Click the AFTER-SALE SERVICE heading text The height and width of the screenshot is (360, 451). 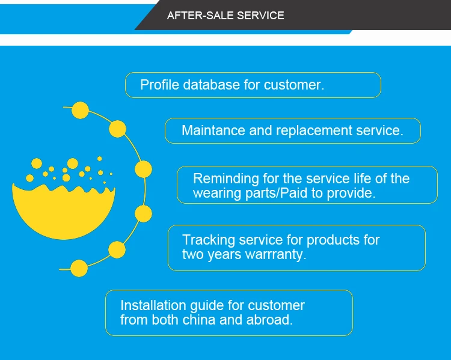point(226,16)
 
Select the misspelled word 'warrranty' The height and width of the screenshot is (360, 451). point(275,254)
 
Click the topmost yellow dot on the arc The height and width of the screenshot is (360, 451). point(80,110)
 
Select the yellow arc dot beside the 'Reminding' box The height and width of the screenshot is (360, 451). point(143,169)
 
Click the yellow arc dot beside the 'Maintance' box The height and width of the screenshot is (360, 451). point(118,129)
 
